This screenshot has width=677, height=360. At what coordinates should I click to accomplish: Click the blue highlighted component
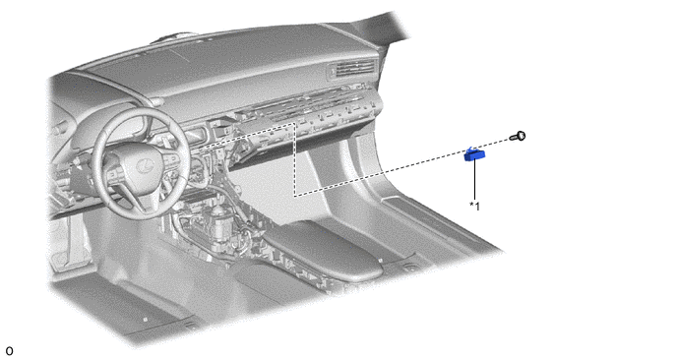(x=474, y=154)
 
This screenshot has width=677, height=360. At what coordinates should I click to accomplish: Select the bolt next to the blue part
(x=519, y=137)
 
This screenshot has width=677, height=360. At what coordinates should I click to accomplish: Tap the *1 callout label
(x=474, y=207)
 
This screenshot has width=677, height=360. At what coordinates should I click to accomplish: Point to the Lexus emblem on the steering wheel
(x=143, y=165)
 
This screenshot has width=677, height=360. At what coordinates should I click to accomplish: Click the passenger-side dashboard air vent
(x=352, y=68)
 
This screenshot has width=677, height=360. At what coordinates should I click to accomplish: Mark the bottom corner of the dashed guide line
(x=294, y=196)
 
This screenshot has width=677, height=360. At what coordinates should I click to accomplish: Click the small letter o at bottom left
(x=9, y=351)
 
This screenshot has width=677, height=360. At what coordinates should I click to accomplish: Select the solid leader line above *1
(x=475, y=179)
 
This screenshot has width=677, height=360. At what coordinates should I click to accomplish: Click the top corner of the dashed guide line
(x=294, y=124)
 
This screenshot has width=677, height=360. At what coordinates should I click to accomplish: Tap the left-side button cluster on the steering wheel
(x=113, y=173)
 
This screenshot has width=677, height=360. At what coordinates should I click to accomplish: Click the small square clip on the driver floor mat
(x=145, y=320)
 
